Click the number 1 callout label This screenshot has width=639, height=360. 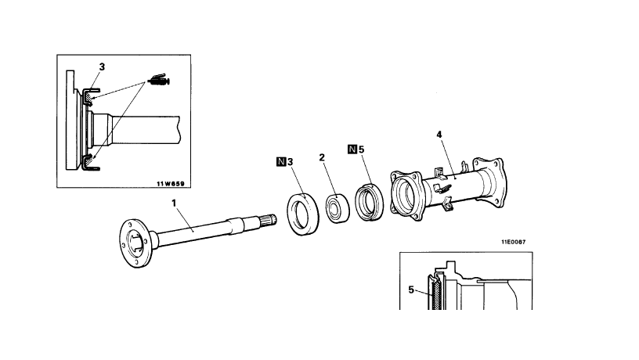click(x=174, y=203)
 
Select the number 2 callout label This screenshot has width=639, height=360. click(x=322, y=157)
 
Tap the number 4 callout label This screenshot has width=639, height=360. click(x=439, y=135)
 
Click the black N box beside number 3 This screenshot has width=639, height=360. click(x=281, y=162)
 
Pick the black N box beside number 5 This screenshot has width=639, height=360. click(x=352, y=149)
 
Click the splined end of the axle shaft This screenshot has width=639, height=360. click(x=270, y=219)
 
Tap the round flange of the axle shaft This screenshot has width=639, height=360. click(x=135, y=243)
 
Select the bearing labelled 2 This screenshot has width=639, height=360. click(x=338, y=208)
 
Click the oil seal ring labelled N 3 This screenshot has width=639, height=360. click(x=303, y=214)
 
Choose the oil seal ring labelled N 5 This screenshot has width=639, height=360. click(x=369, y=203)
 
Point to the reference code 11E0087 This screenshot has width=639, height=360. click(x=514, y=242)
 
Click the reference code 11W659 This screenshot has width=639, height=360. click(x=171, y=184)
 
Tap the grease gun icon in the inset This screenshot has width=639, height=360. click(x=159, y=80)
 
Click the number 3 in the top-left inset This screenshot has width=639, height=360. click(x=102, y=67)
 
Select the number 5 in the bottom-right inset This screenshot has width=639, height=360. click(x=411, y=290)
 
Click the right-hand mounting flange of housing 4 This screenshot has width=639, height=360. click(x=490, y=182)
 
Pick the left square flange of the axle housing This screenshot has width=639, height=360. click(x=406, y=196)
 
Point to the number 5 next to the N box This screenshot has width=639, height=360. click(x=361, y=149)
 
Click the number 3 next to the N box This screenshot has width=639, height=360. click(x=291, y=162)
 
